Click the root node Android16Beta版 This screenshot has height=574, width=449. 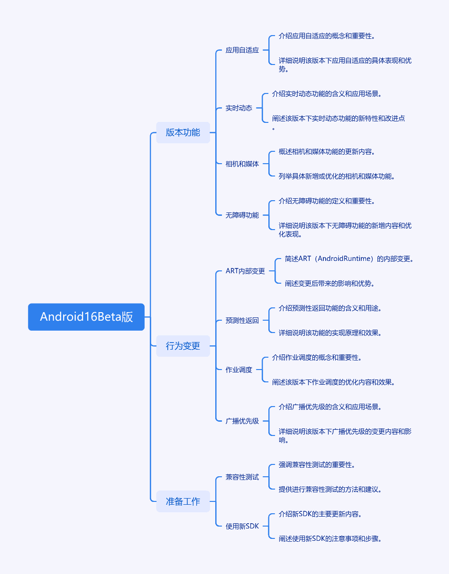(86, 317)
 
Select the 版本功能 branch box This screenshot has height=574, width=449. (183, 132)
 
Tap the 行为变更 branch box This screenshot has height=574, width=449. (183, 346)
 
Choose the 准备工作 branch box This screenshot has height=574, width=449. (183, 501)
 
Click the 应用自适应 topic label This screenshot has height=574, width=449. (242, 50)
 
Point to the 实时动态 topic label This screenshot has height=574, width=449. (239, 108)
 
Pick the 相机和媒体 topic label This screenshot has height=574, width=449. (242, 164)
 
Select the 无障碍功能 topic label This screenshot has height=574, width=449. (242, 215)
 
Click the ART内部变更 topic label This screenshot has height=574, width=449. (245, 271)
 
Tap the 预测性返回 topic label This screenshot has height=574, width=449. (242, 320)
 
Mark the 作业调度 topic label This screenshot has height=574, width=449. (239, 370)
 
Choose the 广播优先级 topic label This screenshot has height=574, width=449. (242, 421)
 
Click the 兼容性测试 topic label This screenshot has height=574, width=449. (242, 477)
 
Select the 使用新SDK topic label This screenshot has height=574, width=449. (242, 526)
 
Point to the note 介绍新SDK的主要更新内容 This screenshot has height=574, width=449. (320, 514)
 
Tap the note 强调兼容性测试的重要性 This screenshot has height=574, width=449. (317, 464)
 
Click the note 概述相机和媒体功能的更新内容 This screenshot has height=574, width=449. (327, 151)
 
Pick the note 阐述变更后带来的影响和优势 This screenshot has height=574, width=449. (330, 283)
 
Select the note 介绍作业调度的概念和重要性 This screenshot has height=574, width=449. (317, 357)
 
